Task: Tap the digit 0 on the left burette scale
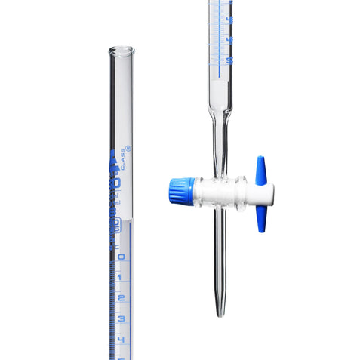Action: (120, 256)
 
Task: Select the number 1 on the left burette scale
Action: (120, 277)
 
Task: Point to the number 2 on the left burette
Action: (120, 298)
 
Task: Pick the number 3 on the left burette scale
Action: (120, 318)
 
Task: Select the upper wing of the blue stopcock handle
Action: (260, 169)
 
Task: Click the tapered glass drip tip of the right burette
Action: (220, 302)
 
